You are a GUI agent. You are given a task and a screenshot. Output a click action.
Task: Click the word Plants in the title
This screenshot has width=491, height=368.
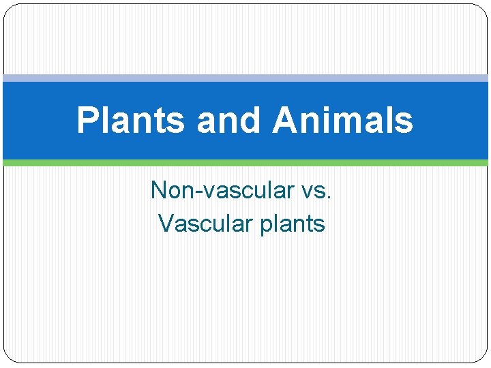coord(130,121)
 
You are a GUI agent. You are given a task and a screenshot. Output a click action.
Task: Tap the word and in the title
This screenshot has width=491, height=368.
coord(228,121)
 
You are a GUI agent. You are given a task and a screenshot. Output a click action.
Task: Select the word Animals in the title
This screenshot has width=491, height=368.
coord(343,121)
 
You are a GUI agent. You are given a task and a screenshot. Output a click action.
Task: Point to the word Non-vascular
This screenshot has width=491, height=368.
coord(215,190)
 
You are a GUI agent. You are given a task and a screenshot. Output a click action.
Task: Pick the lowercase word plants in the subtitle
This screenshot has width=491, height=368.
coord(293,224)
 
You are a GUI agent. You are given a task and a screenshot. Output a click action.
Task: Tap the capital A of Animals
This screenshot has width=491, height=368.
coord(286,121)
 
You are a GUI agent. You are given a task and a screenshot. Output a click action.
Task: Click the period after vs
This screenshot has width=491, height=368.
coord(329,198)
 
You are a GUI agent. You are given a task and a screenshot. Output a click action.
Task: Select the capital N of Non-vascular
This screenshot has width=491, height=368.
coord(159,189)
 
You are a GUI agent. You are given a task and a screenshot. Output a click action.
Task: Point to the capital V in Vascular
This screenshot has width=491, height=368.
coord(165,223)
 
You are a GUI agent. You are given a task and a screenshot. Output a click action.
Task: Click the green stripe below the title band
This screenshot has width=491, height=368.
coord(245,163)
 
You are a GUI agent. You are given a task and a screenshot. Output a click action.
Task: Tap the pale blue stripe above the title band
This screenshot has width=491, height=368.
coord(245,78)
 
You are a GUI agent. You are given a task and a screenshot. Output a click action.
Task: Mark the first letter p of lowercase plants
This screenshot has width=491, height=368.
coord(266,226)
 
